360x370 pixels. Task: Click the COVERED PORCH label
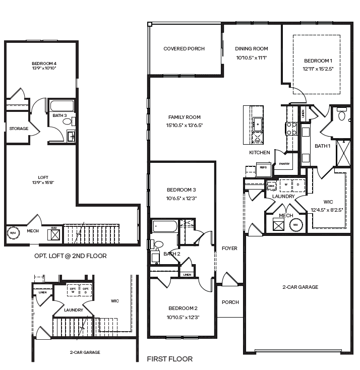[184, 49]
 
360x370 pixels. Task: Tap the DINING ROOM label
[251, 49]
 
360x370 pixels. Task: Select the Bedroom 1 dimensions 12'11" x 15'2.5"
[318, 68]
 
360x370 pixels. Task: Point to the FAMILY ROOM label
[184, 117]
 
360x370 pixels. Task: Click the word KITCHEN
[259, 152]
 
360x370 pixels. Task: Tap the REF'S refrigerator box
[263, 167]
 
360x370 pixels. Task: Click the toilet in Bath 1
[342, 116]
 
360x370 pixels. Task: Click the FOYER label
[229, 248]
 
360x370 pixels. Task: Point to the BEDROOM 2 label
[182, 308]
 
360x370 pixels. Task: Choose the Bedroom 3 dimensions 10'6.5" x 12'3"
[181, 198]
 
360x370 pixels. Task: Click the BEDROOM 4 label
[41, 63]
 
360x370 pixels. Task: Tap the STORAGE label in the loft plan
[18, 129]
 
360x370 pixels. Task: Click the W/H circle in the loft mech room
[13, 233]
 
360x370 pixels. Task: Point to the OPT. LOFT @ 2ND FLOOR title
[70, 256]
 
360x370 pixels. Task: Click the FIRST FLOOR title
[169, 359]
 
